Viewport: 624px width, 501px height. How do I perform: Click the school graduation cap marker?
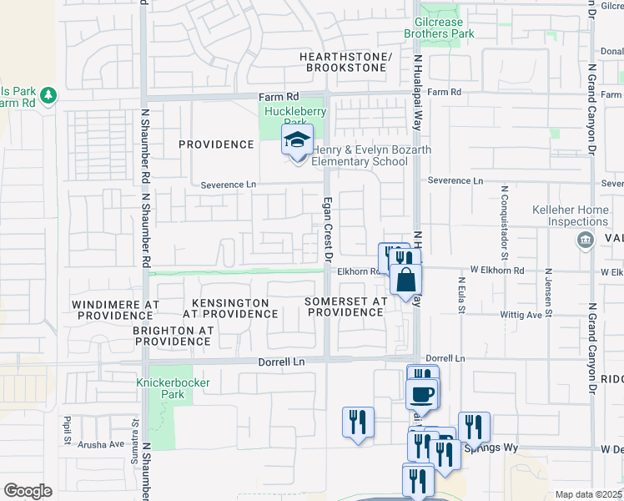click(296, 140)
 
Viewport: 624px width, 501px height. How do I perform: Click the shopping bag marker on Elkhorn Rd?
click(405, 279)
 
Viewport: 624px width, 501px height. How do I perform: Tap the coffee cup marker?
click(422, 393)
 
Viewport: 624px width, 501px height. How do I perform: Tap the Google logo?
click(28, 490)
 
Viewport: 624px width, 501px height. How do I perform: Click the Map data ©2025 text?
click(588, 494)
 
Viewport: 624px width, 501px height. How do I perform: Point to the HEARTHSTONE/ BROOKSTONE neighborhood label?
click(346, 62)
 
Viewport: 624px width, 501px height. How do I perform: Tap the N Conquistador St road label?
click(504, 213)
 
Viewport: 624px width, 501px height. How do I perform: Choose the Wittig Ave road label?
click(521, 316)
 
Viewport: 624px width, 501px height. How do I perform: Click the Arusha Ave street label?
click(100, 445)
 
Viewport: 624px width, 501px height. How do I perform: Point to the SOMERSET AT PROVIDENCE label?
click(345, 306)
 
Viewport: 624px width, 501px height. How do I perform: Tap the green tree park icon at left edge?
click(48, 95)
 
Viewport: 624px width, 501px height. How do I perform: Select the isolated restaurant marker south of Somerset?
click(358, 422)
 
